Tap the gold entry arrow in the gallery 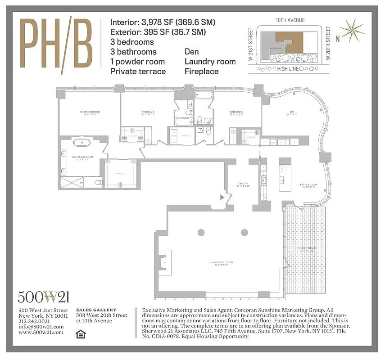click(222, 197)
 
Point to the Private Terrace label click(304, 248)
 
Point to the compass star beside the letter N click(353, 30)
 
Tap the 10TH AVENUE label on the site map click(290, 20)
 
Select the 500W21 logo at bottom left click(43, 297)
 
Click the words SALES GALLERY click(96, 310)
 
